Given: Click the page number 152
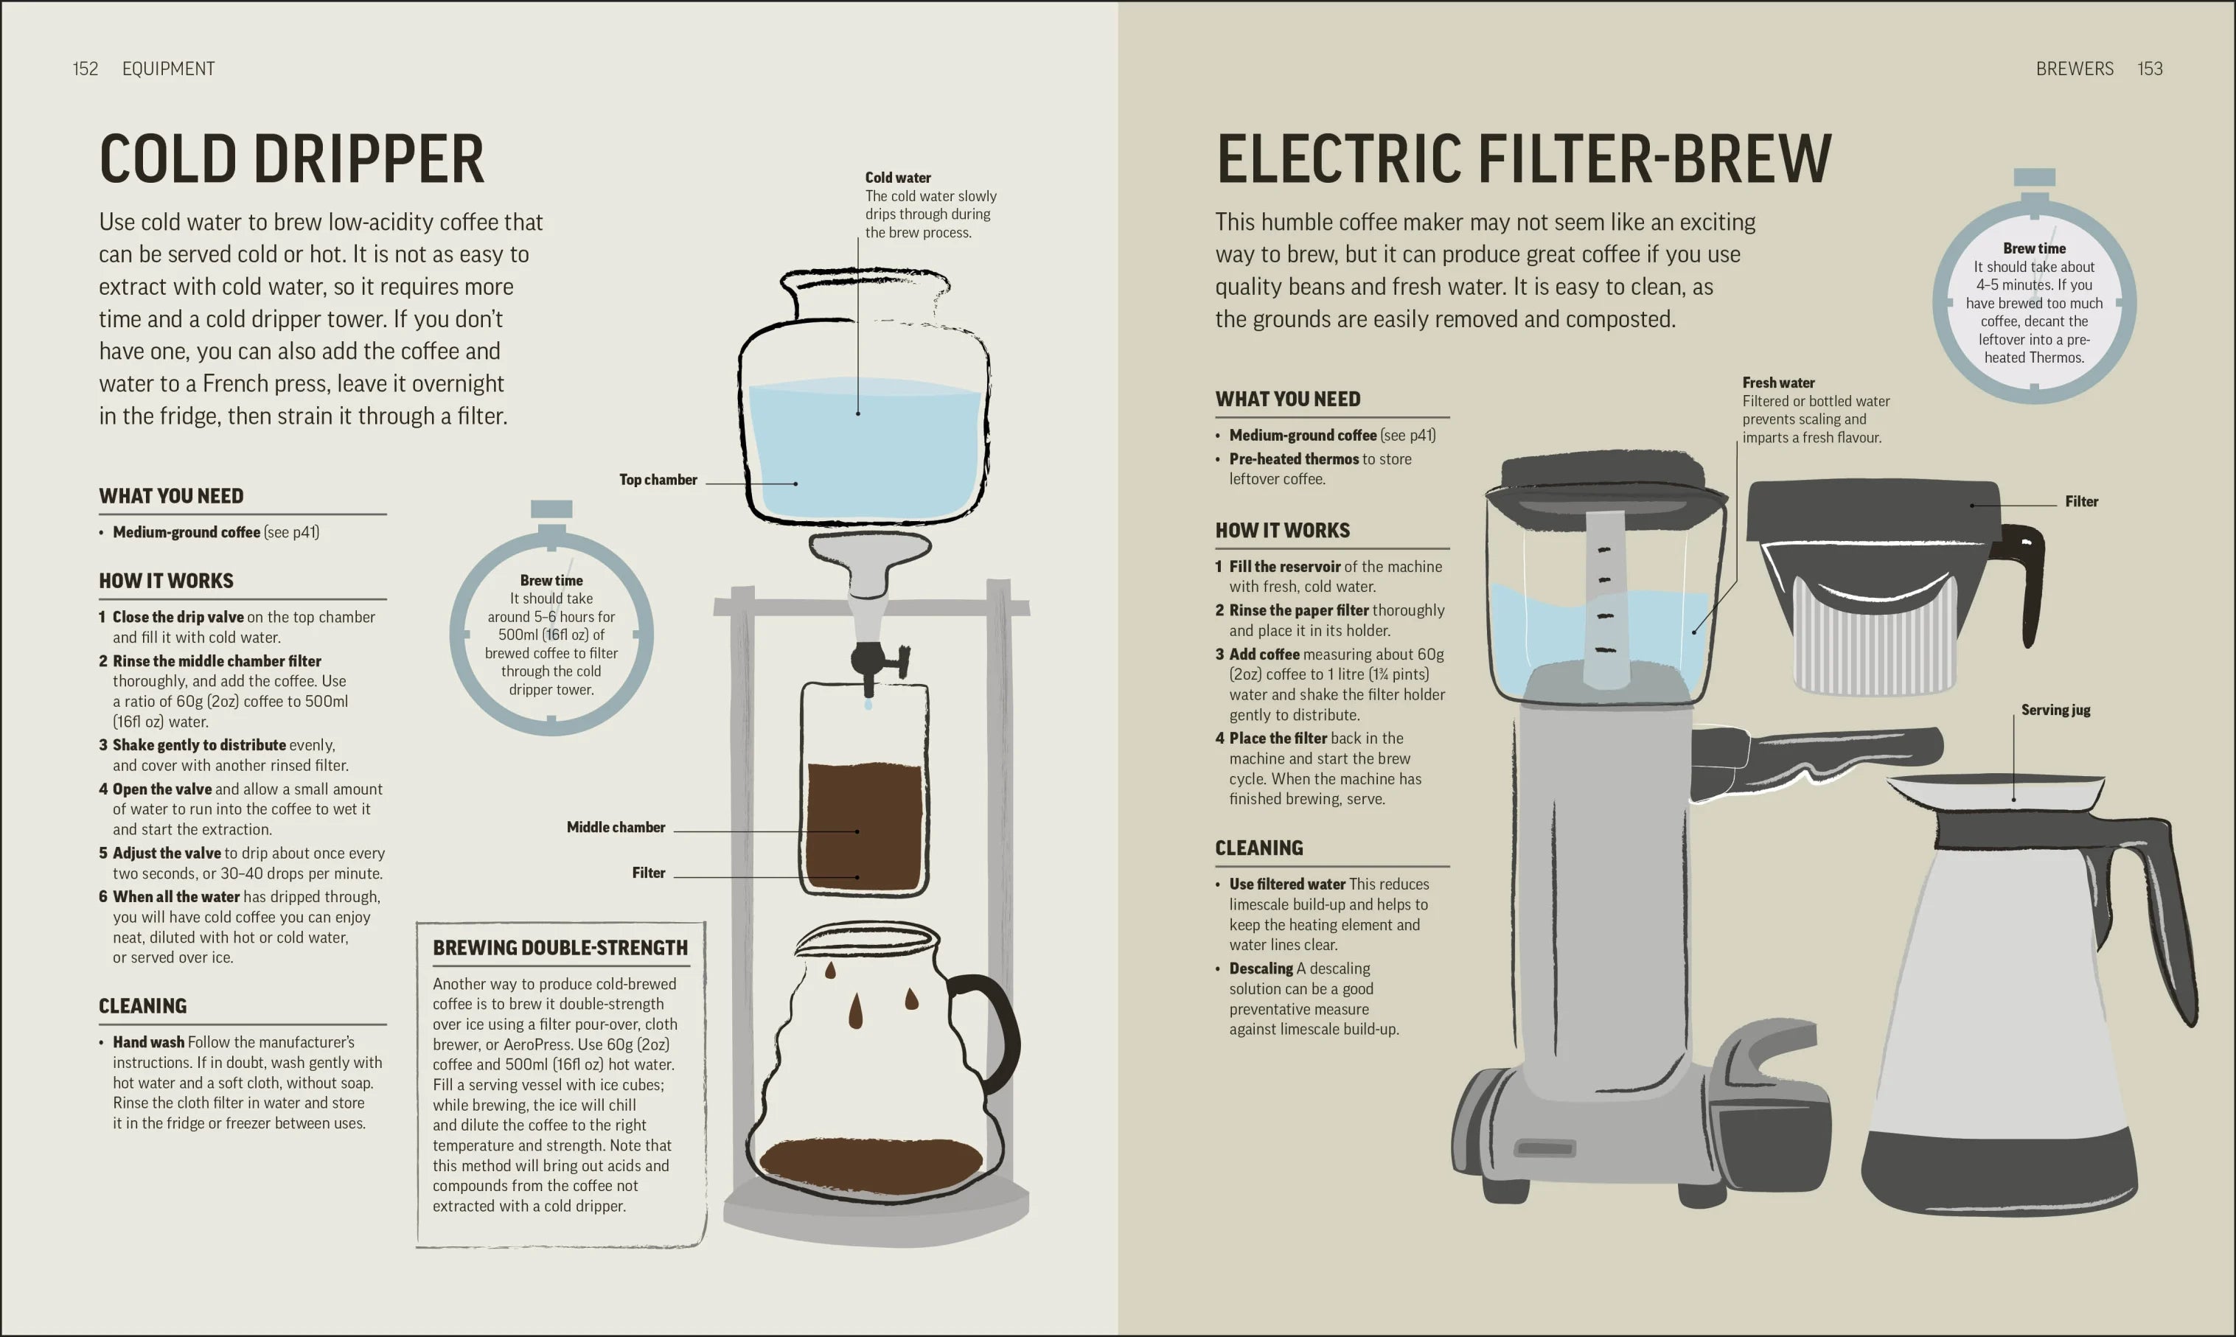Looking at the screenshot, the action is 86,69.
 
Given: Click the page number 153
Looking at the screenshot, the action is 2150,69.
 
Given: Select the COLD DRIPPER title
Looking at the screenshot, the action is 292,158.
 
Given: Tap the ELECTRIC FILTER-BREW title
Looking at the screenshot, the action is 1523,158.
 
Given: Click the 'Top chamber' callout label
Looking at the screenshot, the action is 658,479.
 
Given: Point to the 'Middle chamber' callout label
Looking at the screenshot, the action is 616,827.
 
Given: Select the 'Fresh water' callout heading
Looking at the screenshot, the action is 1778,383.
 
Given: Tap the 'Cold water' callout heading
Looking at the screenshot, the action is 898,178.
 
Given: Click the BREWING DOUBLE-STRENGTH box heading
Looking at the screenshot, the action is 560,948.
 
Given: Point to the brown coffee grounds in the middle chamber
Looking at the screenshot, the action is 864,826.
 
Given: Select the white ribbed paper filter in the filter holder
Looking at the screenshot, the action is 1875,639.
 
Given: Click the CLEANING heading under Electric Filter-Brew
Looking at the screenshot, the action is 1258,848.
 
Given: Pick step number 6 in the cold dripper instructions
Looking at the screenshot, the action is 102,897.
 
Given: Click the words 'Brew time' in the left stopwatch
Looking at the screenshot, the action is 551,580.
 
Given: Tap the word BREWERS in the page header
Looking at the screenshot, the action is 2074,69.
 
